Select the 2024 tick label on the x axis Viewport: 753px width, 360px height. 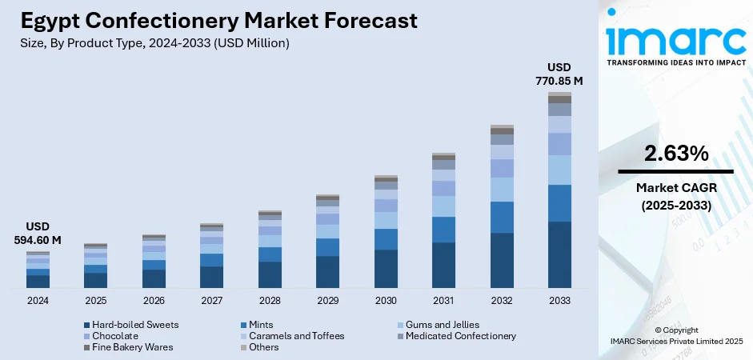tap(38, 301)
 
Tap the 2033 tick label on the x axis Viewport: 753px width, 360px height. tap(559, 301)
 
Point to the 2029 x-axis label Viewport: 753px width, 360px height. tap(327, 301)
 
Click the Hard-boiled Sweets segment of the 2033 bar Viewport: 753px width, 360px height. tap(559, 254)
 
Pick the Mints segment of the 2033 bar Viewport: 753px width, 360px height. tap(559, 203)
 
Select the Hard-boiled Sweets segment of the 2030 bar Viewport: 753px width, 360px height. tap(386, 269)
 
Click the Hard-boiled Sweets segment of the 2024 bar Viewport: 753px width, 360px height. tap(38, 282)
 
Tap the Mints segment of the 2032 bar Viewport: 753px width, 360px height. tap(502, 217)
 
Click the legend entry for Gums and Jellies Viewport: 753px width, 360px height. tap(442, 325)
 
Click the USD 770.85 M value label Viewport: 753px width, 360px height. tap(559, 74)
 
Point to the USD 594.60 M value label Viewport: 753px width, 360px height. tap(38, 233)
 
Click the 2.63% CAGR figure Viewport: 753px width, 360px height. tap(675, 154)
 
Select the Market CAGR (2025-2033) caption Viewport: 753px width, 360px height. tap(675, 196)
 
